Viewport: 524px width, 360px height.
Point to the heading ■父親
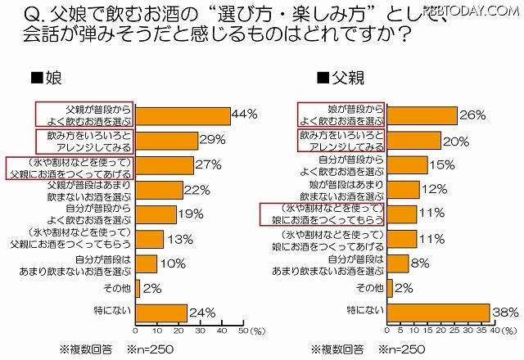point(337,79)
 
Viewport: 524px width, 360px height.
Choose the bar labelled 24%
point(160,312)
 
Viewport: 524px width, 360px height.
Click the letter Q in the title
point(14,15)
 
